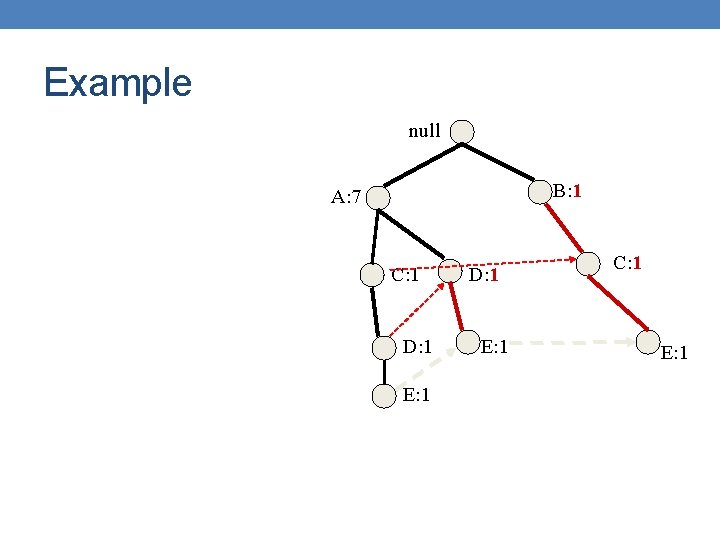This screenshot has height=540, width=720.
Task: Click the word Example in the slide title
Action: (x=117, y=82)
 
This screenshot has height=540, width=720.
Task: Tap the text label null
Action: (x=424, y=131)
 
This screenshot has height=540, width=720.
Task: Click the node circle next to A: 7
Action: (x=379, y=197)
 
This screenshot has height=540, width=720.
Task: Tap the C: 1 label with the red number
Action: (x=627, y=263)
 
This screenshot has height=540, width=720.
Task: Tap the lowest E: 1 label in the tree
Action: (x=416, y=395)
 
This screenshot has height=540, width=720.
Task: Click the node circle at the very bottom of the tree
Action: (x=384, y=396)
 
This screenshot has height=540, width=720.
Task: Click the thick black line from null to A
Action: (x=420, y=165)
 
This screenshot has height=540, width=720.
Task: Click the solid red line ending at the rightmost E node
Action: (x=622, y=306)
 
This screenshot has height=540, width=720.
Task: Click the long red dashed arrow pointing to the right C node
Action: (x=530, y=267)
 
